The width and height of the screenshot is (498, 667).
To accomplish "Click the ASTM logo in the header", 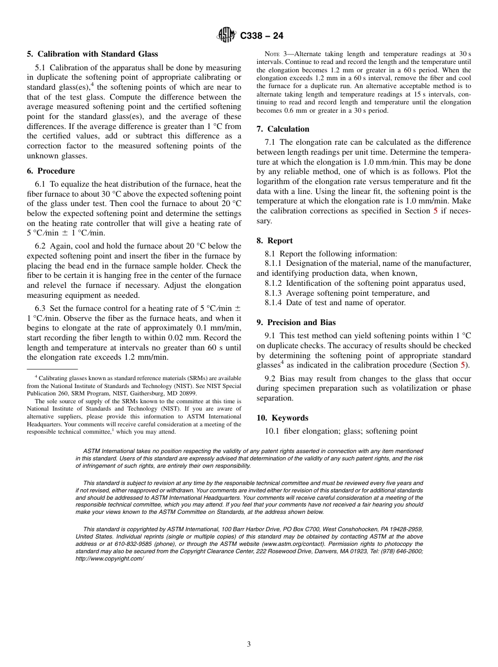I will tap(227, 35).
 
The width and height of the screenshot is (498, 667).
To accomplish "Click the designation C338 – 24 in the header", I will tap(262, 36).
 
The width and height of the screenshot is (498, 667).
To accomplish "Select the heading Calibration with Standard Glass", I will tap(98, 54).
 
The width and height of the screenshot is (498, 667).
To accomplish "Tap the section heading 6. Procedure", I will tap(51, 171).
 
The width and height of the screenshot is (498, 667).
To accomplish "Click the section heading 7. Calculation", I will tap(283, 129).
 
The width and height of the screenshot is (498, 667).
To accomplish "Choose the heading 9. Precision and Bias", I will tap(296, 322).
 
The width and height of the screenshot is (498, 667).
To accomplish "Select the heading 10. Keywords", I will tap(283, 418).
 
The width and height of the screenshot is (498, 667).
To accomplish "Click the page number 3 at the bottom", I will tap(249, 644).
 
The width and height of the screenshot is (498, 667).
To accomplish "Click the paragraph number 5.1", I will tap(40, 68).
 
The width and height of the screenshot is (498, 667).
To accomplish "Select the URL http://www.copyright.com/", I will tap(109, 558).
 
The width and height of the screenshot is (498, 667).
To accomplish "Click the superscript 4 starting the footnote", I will tap(36, 376).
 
